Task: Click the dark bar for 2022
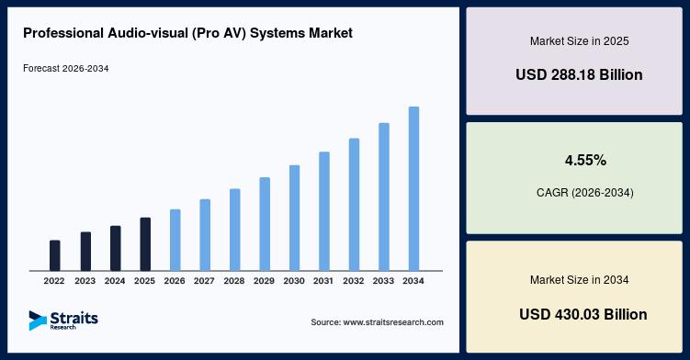pyautogui.click(x=54, y=255)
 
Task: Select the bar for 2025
pyautogui.click(x=145, y=244)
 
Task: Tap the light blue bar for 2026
pyautogui.click(x=175, y=240)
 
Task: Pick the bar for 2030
pyautogui.click(x=294, y=218)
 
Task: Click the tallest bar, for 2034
pyautogui.click(x=413, y=188)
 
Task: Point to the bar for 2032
pyautogui.click(x=355, y=205)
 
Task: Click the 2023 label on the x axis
pyautogui.click(x=85, y=281)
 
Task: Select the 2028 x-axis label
pyautogui.click(x=234, y=281)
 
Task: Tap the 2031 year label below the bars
pyautogui.click(x=323, y=281)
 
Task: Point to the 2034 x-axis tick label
pyautogui.click(x=413, y=281)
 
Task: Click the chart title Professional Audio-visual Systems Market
pyautogui.click(x=188, y=33)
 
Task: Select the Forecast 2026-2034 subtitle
pyautogui.click(x=66, y=69)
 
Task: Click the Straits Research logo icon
pyautogui.click(x=38, y=321)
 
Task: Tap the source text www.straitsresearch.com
pyautogui.click(x=377, y=322)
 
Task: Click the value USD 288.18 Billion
pyautogui.click(x=579, y=74)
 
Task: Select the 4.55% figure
pyautogui.click(x=585, y=160)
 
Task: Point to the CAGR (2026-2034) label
pyautogui.click(x=585, y=193)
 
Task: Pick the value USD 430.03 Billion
pyautogui.click(x=583, y=314)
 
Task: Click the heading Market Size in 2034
pyautogui.click(x=579, y=280)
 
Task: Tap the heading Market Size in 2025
pyautogui.click(x=579, y=41)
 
